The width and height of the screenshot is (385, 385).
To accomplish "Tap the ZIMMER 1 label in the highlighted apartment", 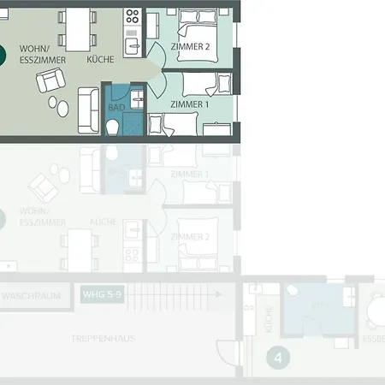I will click(189, 104).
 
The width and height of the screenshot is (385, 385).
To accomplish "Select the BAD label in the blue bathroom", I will click(115, 108).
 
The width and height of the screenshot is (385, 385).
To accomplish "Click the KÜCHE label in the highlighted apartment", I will click(100, 61).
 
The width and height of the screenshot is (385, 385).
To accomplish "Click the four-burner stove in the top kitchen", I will click(133, 15).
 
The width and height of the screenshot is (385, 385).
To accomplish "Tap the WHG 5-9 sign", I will click(104, 295).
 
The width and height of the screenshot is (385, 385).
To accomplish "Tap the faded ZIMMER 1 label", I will click(189, 174).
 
